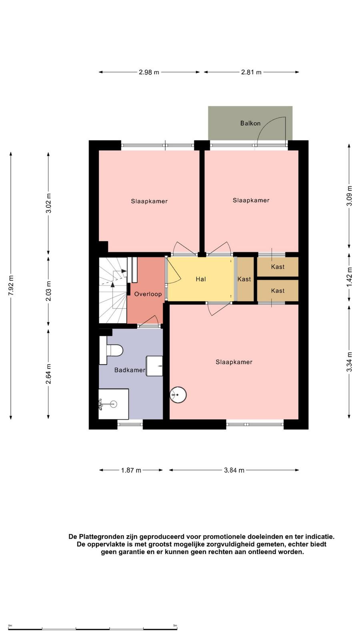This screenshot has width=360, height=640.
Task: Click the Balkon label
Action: [x=250, y=124]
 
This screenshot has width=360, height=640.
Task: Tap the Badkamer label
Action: [x=130, y=370]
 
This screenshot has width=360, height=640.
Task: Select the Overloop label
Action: [x=148, y=294]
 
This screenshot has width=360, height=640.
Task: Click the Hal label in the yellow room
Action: [x=200, y=279]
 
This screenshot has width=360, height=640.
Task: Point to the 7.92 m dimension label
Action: [x=11, y=286]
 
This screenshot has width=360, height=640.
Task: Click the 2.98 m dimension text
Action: [x=149, y=72]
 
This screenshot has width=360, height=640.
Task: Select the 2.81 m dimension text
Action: [x=251, y=72]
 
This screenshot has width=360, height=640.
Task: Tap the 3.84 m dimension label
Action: [x=234, y=470]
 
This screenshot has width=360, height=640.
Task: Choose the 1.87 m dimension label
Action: [x=131, y=470]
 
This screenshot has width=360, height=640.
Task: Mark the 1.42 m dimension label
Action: [x=349, y=278]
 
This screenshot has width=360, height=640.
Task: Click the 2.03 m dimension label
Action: [x=48, y=291]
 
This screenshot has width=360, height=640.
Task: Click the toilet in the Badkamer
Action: [x=111, y=350]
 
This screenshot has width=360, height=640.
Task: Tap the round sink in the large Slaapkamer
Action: [x=178, y=395]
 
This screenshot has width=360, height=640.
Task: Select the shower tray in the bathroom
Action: [x=114, y=404]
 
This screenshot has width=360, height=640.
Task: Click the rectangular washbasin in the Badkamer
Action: [x=154, y=366]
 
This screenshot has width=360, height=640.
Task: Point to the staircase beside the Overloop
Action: [x=113, y=290]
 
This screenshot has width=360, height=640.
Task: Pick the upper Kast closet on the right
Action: [x=278, y=267]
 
